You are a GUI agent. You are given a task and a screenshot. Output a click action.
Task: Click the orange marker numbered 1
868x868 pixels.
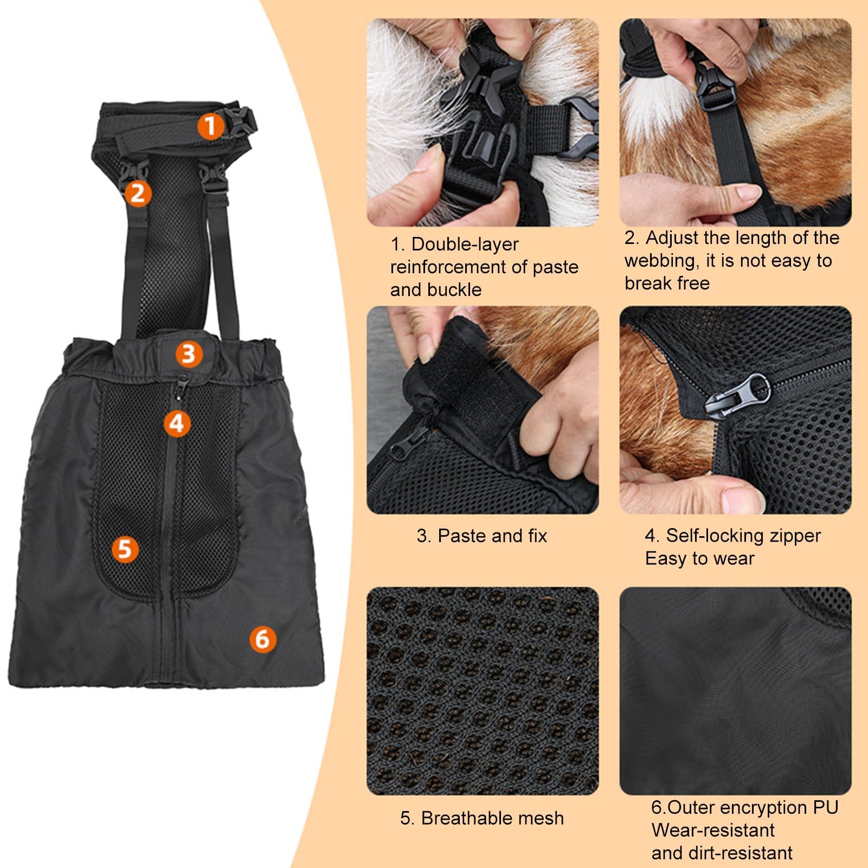(x=210, y=125)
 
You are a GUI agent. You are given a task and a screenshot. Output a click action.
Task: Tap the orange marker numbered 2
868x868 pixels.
(x=138, y=192)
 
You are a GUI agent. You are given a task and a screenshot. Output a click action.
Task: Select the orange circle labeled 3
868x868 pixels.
(x=188, y=354)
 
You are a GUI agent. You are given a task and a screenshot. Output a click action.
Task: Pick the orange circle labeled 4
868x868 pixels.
(x=177, y=423)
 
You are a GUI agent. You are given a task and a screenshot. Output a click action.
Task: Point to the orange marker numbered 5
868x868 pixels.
(x=125, y=549)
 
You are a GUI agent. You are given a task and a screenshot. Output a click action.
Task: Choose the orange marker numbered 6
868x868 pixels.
(x=262, y=639)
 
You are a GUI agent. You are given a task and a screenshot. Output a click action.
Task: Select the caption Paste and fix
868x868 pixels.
(x=482, y=536)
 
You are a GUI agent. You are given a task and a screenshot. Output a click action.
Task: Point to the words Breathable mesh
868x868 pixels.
(x=482, y=818)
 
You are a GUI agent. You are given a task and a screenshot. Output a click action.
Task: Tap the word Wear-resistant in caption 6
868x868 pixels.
(x=713, y=830)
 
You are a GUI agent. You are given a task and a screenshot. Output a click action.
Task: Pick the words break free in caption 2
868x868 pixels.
(x=667, y=284)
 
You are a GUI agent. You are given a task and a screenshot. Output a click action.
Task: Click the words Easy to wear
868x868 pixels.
(x=699, y=558)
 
